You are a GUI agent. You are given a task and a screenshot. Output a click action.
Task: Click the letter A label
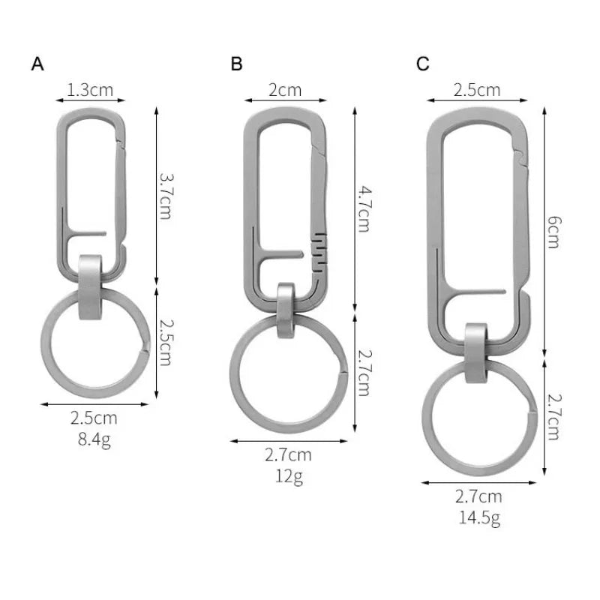point(37,64)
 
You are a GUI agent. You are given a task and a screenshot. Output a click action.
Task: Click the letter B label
point(236,64)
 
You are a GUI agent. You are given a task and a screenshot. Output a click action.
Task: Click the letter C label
point(422,64)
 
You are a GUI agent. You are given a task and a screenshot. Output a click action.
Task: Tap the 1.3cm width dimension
point(90,90)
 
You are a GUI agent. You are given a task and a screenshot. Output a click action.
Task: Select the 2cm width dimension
point(285,90)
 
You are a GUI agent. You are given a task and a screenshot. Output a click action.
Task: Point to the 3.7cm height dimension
point(166,196)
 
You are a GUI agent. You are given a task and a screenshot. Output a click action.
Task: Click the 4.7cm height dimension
point(364,209)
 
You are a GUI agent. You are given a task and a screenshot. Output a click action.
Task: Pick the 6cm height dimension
point(553,232)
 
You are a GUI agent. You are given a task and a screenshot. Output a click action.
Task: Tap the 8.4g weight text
point(94,439)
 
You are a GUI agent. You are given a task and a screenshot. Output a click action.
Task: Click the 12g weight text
point(289,476)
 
